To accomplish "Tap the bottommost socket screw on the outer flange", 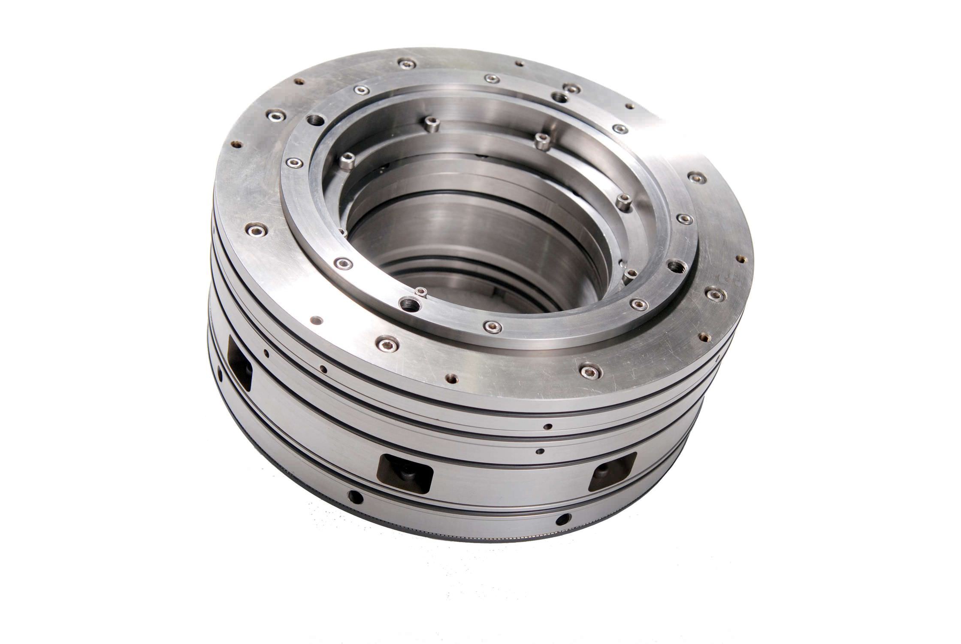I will [588, 370].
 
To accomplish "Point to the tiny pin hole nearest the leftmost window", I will [266, 354].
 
